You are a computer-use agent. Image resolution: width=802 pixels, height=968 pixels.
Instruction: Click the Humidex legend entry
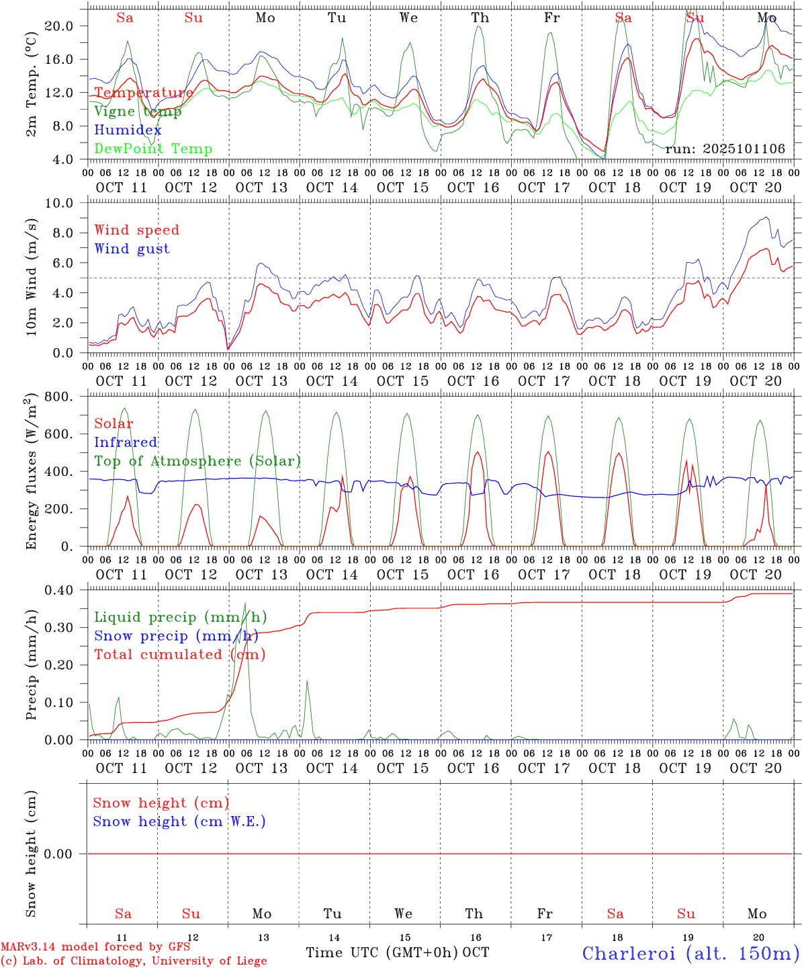128,130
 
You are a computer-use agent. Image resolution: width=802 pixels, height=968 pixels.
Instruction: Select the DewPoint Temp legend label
153,149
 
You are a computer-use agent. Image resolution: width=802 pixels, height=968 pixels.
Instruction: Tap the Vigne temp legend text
138,111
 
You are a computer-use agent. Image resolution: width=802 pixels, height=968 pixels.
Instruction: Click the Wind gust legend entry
132,249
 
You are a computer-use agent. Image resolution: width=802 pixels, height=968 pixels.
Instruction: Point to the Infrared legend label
126,442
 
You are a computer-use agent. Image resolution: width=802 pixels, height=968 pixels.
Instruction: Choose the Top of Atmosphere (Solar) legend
197,461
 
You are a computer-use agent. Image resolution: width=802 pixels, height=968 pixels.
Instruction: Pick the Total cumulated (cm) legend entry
179,654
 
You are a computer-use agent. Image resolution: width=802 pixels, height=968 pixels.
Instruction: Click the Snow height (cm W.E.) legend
179,821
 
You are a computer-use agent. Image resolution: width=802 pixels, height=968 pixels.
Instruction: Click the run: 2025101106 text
725,149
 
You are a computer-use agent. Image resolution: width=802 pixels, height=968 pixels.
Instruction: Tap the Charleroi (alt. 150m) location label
690,953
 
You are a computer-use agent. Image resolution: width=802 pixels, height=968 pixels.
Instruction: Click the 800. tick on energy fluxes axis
61,397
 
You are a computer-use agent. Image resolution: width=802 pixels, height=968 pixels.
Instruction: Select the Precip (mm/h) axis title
32,665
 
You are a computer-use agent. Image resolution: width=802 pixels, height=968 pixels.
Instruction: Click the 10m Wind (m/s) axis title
32,278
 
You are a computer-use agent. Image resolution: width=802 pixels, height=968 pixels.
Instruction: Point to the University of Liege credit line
134,961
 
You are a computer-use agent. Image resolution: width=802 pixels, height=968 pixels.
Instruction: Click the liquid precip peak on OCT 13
245,603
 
